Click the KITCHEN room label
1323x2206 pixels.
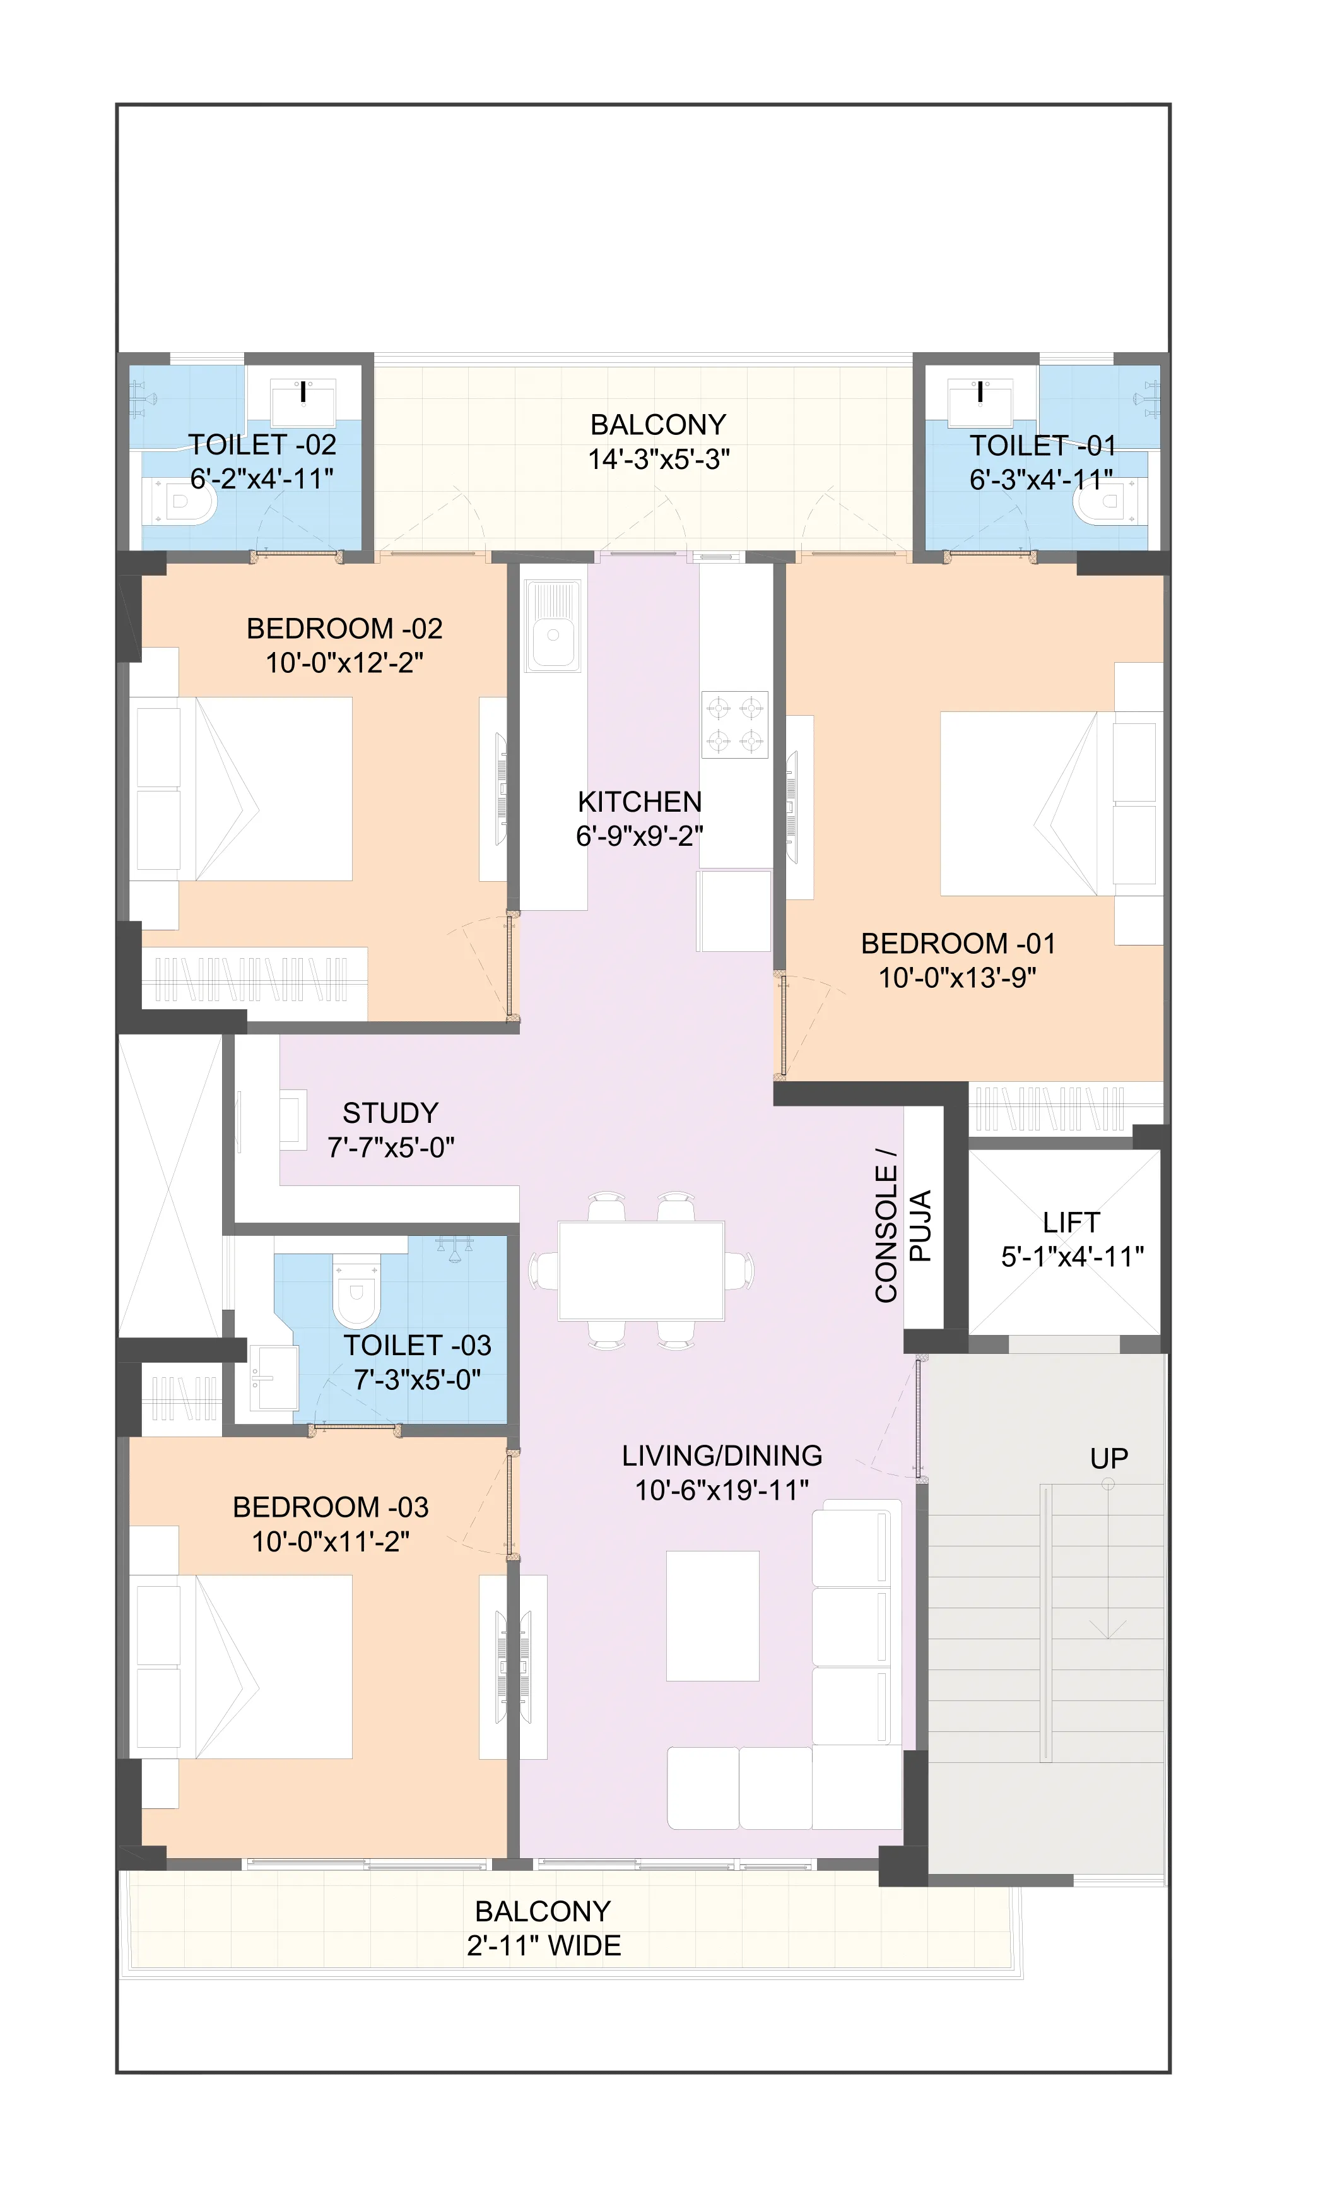(x=639, y=802)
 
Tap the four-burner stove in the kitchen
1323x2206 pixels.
(x=734, y=724)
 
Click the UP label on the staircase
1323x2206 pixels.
(x=1108, y=1458)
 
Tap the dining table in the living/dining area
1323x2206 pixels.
(x=641, y=1271)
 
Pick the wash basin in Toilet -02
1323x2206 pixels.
(x=303, y=401)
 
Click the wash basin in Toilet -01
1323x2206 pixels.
(x=980, y=401)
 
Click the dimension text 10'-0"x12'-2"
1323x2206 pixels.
(x=344, y=663)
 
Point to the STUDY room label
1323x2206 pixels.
(x=391, y=1113)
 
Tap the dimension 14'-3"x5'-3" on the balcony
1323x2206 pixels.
(x=658, y=460)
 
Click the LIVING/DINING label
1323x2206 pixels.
(x=721, y=1456)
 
